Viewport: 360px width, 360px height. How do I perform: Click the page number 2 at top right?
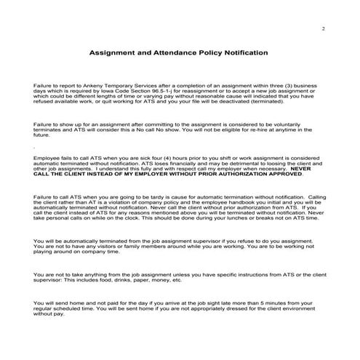(322, 28)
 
